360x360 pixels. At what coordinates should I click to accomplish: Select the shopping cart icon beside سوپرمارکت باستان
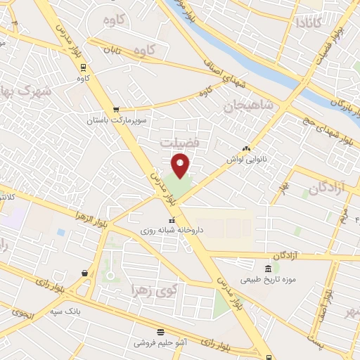[116, 110]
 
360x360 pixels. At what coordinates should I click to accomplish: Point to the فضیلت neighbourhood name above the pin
[180, 142]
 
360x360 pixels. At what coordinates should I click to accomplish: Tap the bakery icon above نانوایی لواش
[246, 148]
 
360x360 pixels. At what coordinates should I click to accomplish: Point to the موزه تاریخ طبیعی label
[269, 279]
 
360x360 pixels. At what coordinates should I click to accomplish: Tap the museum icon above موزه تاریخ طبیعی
[268, 269]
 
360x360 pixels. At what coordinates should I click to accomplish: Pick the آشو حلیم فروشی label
[161, 342]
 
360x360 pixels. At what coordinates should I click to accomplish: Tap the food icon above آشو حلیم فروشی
[161, 331]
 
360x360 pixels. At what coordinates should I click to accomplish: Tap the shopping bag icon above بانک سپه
[84, 273]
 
